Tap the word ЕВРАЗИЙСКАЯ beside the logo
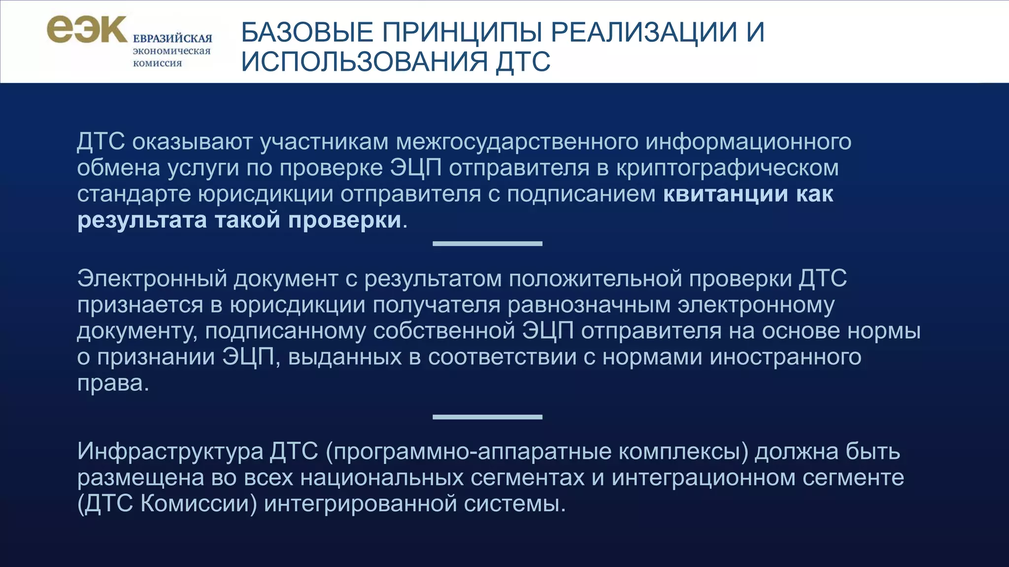click(x=172, y=39)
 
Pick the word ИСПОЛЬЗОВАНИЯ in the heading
click(x=365, y=62)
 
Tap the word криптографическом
click(x=727, y=168)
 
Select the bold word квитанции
click(x=726, y=194)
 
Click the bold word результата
click(x=142, y=220)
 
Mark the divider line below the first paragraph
click(x=487, y=244)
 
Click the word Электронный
click(x=152, y=279)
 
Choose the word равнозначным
click(x=589, y=305)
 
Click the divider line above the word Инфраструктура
click(x=487, y=417)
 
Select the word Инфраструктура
click(x=170, y=451)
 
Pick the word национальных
click(x=382, y=478)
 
